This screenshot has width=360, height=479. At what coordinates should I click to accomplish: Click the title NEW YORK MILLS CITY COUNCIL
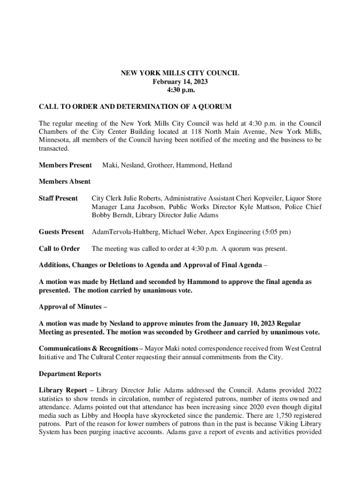180,73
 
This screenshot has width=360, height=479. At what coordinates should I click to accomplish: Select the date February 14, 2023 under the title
180,81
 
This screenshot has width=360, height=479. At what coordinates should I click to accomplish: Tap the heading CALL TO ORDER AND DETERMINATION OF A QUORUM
135,107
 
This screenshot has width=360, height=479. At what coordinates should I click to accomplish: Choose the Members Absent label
65,181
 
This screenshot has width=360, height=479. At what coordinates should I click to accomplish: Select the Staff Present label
58,198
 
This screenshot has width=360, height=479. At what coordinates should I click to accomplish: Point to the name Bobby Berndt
112,215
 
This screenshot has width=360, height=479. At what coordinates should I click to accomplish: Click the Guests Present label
61,232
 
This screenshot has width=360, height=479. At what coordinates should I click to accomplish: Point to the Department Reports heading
70,374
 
